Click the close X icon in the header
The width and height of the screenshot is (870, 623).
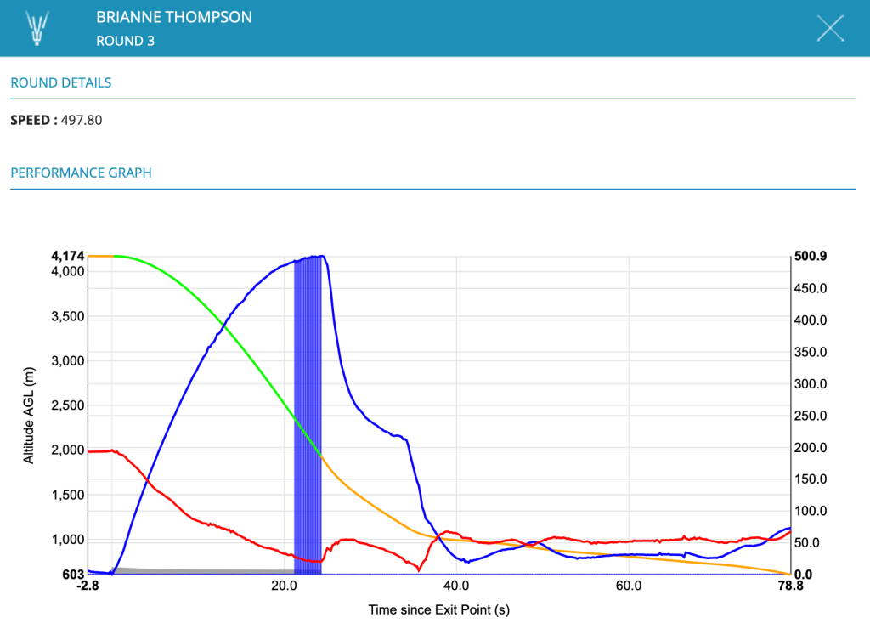tap(830, 28)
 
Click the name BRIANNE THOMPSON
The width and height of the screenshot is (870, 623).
tap(174, 17)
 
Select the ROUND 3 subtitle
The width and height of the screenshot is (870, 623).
tap(126, 40)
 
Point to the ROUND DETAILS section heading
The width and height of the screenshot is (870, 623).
tap(61, 83)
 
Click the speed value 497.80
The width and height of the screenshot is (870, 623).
tap(82, 120)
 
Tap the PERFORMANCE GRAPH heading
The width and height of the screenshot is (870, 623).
tap(81, 173)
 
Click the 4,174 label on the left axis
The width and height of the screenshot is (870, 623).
tap(67, 256)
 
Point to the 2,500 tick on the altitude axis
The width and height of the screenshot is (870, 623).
tap(67, 405)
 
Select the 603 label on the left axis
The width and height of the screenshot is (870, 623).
tap(73, 575)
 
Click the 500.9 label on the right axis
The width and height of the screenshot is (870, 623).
tap(810, 256)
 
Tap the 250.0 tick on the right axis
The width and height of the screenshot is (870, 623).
tap(810, 416)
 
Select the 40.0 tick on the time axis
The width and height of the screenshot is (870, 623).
tap(456, 586)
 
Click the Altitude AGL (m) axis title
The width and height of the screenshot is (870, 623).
tap(30, 416)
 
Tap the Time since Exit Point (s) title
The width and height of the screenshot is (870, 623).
tap(438, 609)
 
